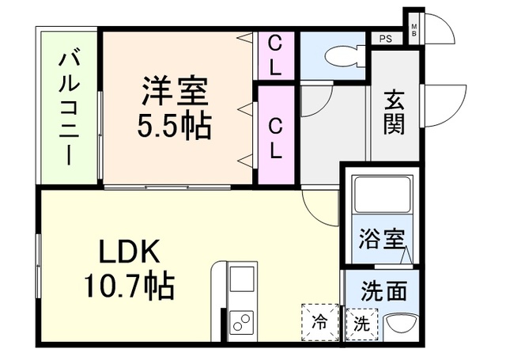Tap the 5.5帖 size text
pyautogui.click(x=175, y=126)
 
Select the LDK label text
pyautogui.click(x=130, y=251)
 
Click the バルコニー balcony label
pyautogui.click(x=69, y=109)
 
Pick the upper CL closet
pyautogui.click(x=275, y=55)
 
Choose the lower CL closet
pyautogui.click(x=276, y=135)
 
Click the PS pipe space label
pyautogui.click(x=386, y=39)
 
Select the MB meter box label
pyautogui.click(x=414, y=30)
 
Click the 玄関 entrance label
pyautogui.click(x=394, y=112)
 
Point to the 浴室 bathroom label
pyautogui.click(x=382, y=239)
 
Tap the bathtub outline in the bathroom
pyautogui.click(x=383, y=194)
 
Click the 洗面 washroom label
pyautogui.click(x=383, y=290)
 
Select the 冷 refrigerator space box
pyautogui.click(x=319, y=322)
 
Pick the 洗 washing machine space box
pyautogui.click(x=362, y=324)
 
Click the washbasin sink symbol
pyautogui.click(x=401, y=328)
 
